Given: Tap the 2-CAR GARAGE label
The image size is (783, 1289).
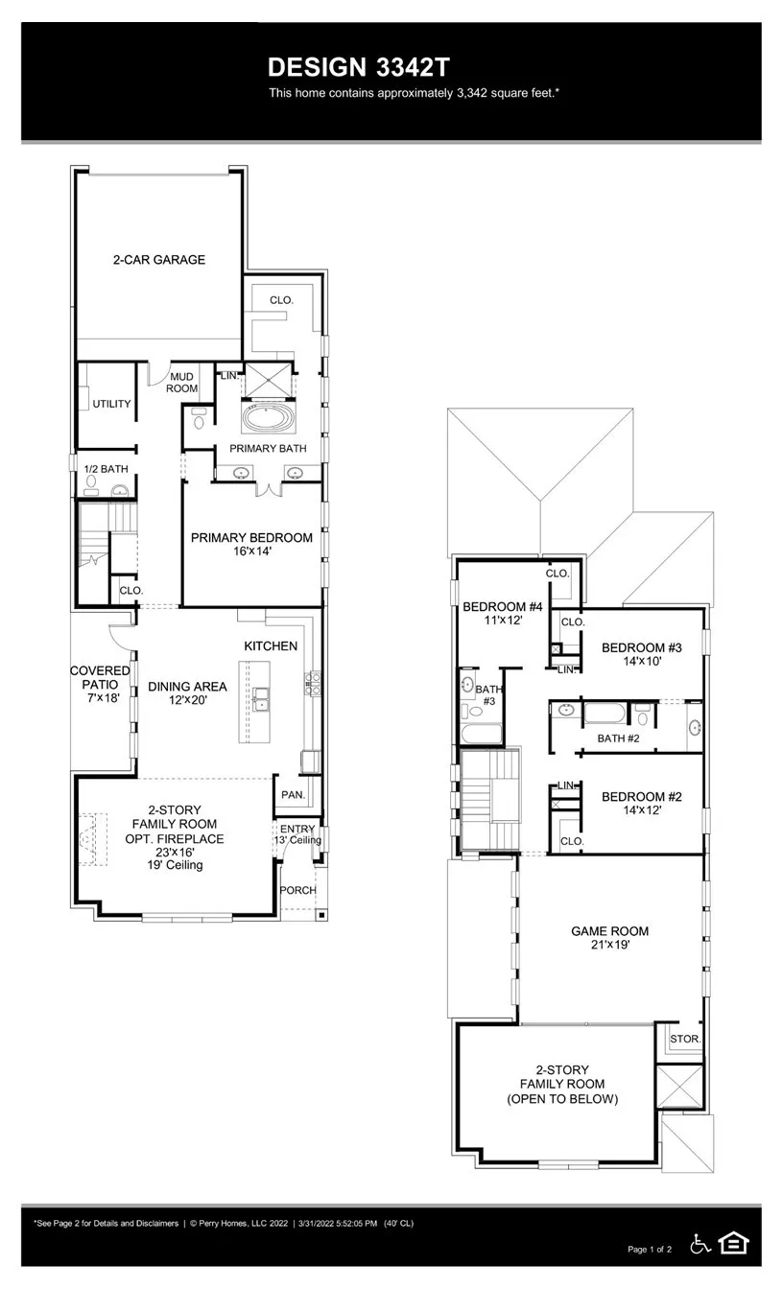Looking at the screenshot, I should pyautogui.click(x=159, y=259).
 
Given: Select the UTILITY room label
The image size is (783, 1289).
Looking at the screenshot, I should pyautogui.click(x=111, y=404).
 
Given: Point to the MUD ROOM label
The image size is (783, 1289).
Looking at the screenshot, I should pyautogui.click(x=183, y=383).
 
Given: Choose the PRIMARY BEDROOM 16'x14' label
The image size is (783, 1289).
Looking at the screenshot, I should pyautogui.click(x=251, y=545).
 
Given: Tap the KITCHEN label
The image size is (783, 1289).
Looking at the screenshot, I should pyautogui.click(x=271, y=646).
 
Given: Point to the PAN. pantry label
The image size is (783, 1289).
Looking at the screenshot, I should pyautogui.click(x=292, y=795).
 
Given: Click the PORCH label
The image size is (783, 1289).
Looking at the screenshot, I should pyautogui.click(x=297, y=890).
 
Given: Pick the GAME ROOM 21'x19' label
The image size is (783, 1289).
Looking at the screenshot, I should pyautogui.click(x=609, y=937).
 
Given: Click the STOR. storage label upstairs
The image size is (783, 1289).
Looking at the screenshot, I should pyautogui.click(x=685, y=1040).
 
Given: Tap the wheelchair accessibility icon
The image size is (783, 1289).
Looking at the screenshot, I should pyautogui.click(x=700, y=1244).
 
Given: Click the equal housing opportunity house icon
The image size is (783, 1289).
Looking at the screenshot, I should pyautogui.click(x=734, y=1243).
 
